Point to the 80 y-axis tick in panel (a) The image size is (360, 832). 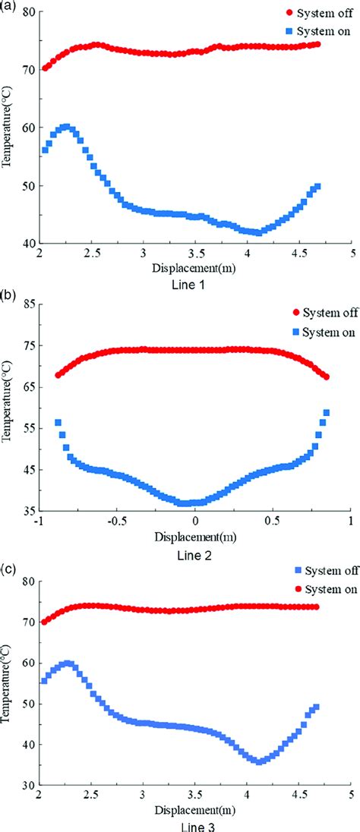[28, 11]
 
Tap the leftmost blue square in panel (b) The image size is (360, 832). [58, 422]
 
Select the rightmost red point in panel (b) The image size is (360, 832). [327, 377]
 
